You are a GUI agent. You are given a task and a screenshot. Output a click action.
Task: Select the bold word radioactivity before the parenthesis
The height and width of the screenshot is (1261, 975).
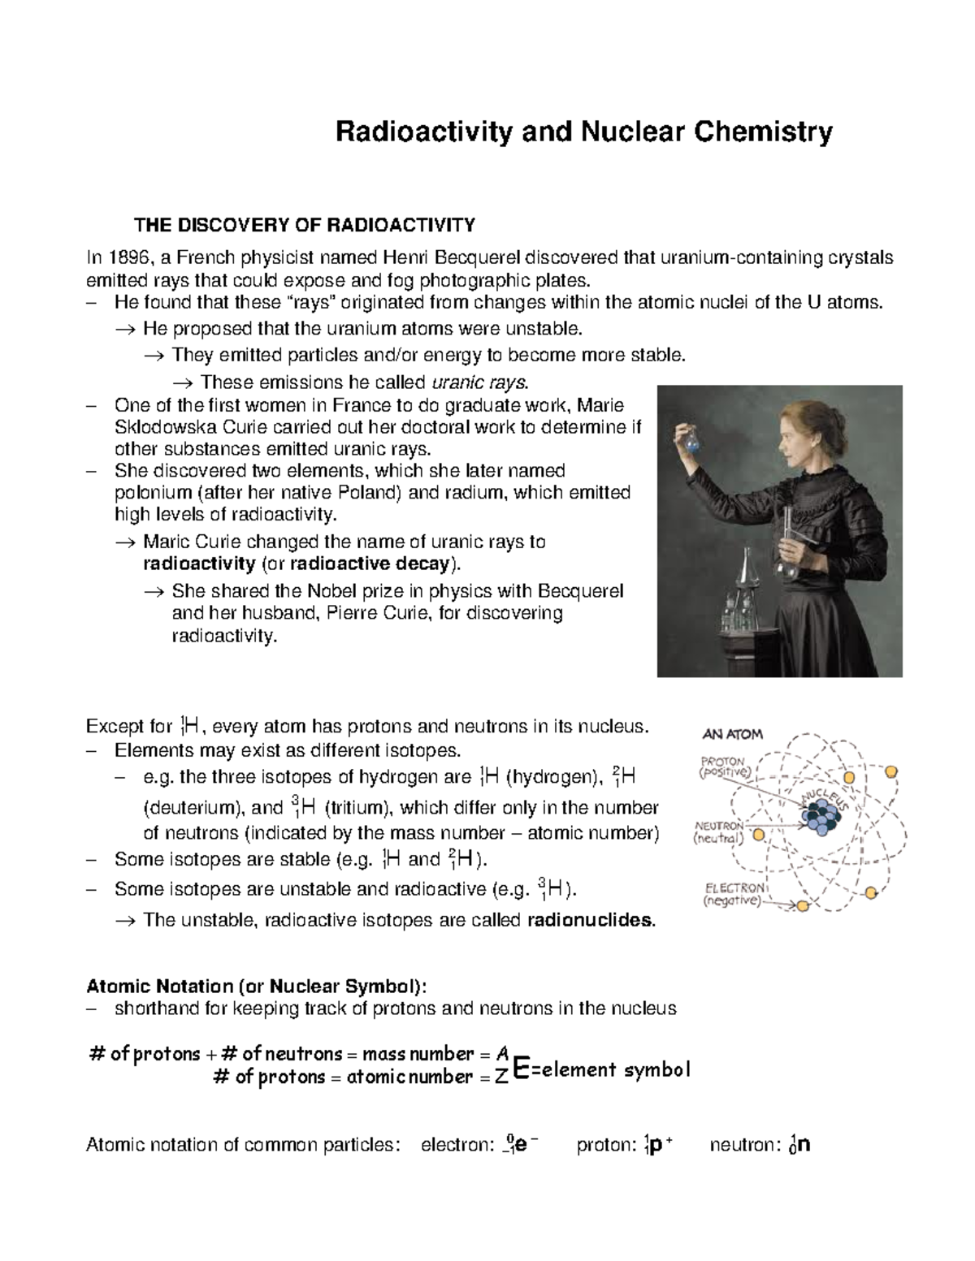[x=198, y=564]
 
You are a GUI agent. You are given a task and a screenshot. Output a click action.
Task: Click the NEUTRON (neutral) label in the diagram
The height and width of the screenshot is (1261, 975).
[x=718, y=833]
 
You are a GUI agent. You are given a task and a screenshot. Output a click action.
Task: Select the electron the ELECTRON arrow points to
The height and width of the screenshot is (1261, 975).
[x=803, y=906]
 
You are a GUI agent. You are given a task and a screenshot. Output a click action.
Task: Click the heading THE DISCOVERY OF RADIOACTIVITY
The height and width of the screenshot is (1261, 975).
[x=304, y=224]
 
